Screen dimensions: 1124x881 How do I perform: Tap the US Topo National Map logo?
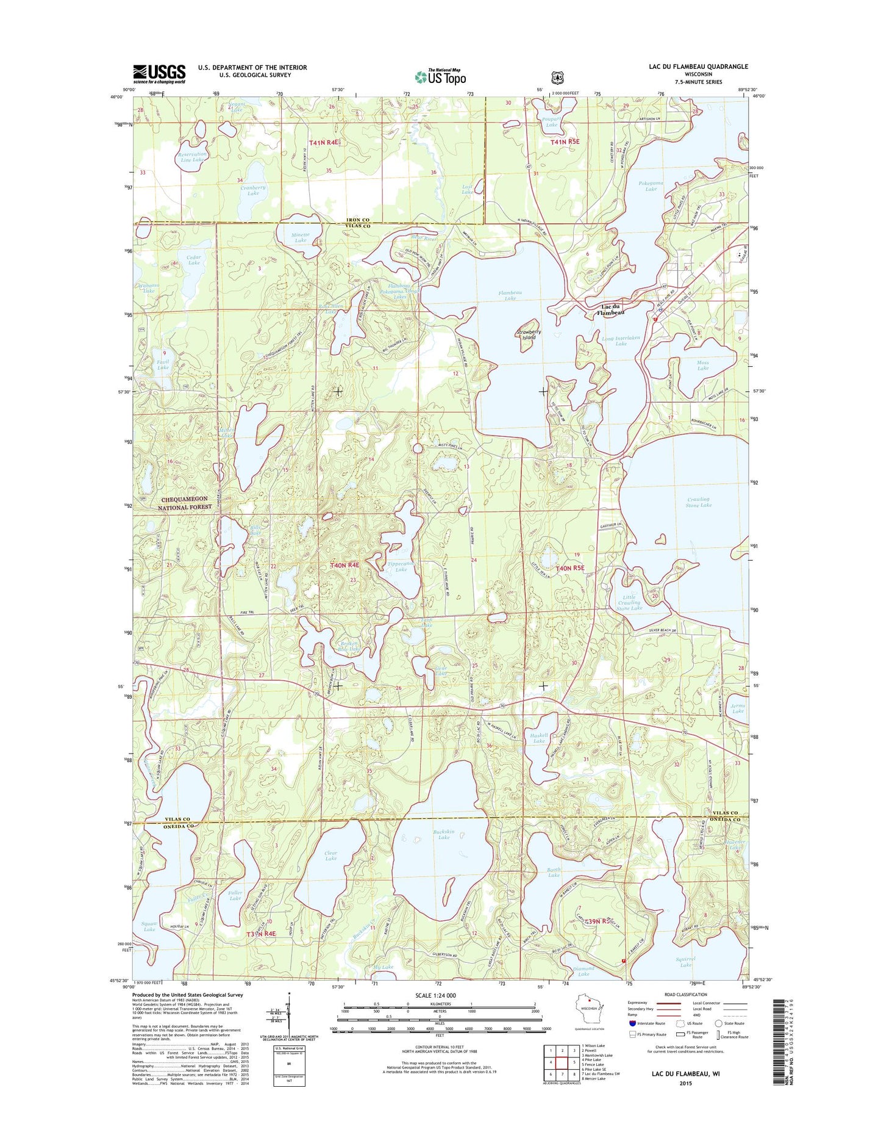pos(440,76)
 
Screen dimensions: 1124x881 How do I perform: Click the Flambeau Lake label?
pos(510,295)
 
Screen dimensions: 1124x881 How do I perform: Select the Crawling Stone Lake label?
pos(698,502)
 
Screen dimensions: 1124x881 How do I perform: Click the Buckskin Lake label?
pos(443,834)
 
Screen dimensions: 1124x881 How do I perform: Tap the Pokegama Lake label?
pos(651,186)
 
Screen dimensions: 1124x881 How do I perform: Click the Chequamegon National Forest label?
pos(185,503)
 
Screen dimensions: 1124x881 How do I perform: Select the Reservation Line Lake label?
pos(192,157)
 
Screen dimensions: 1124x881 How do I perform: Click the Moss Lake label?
pos(703,366)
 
